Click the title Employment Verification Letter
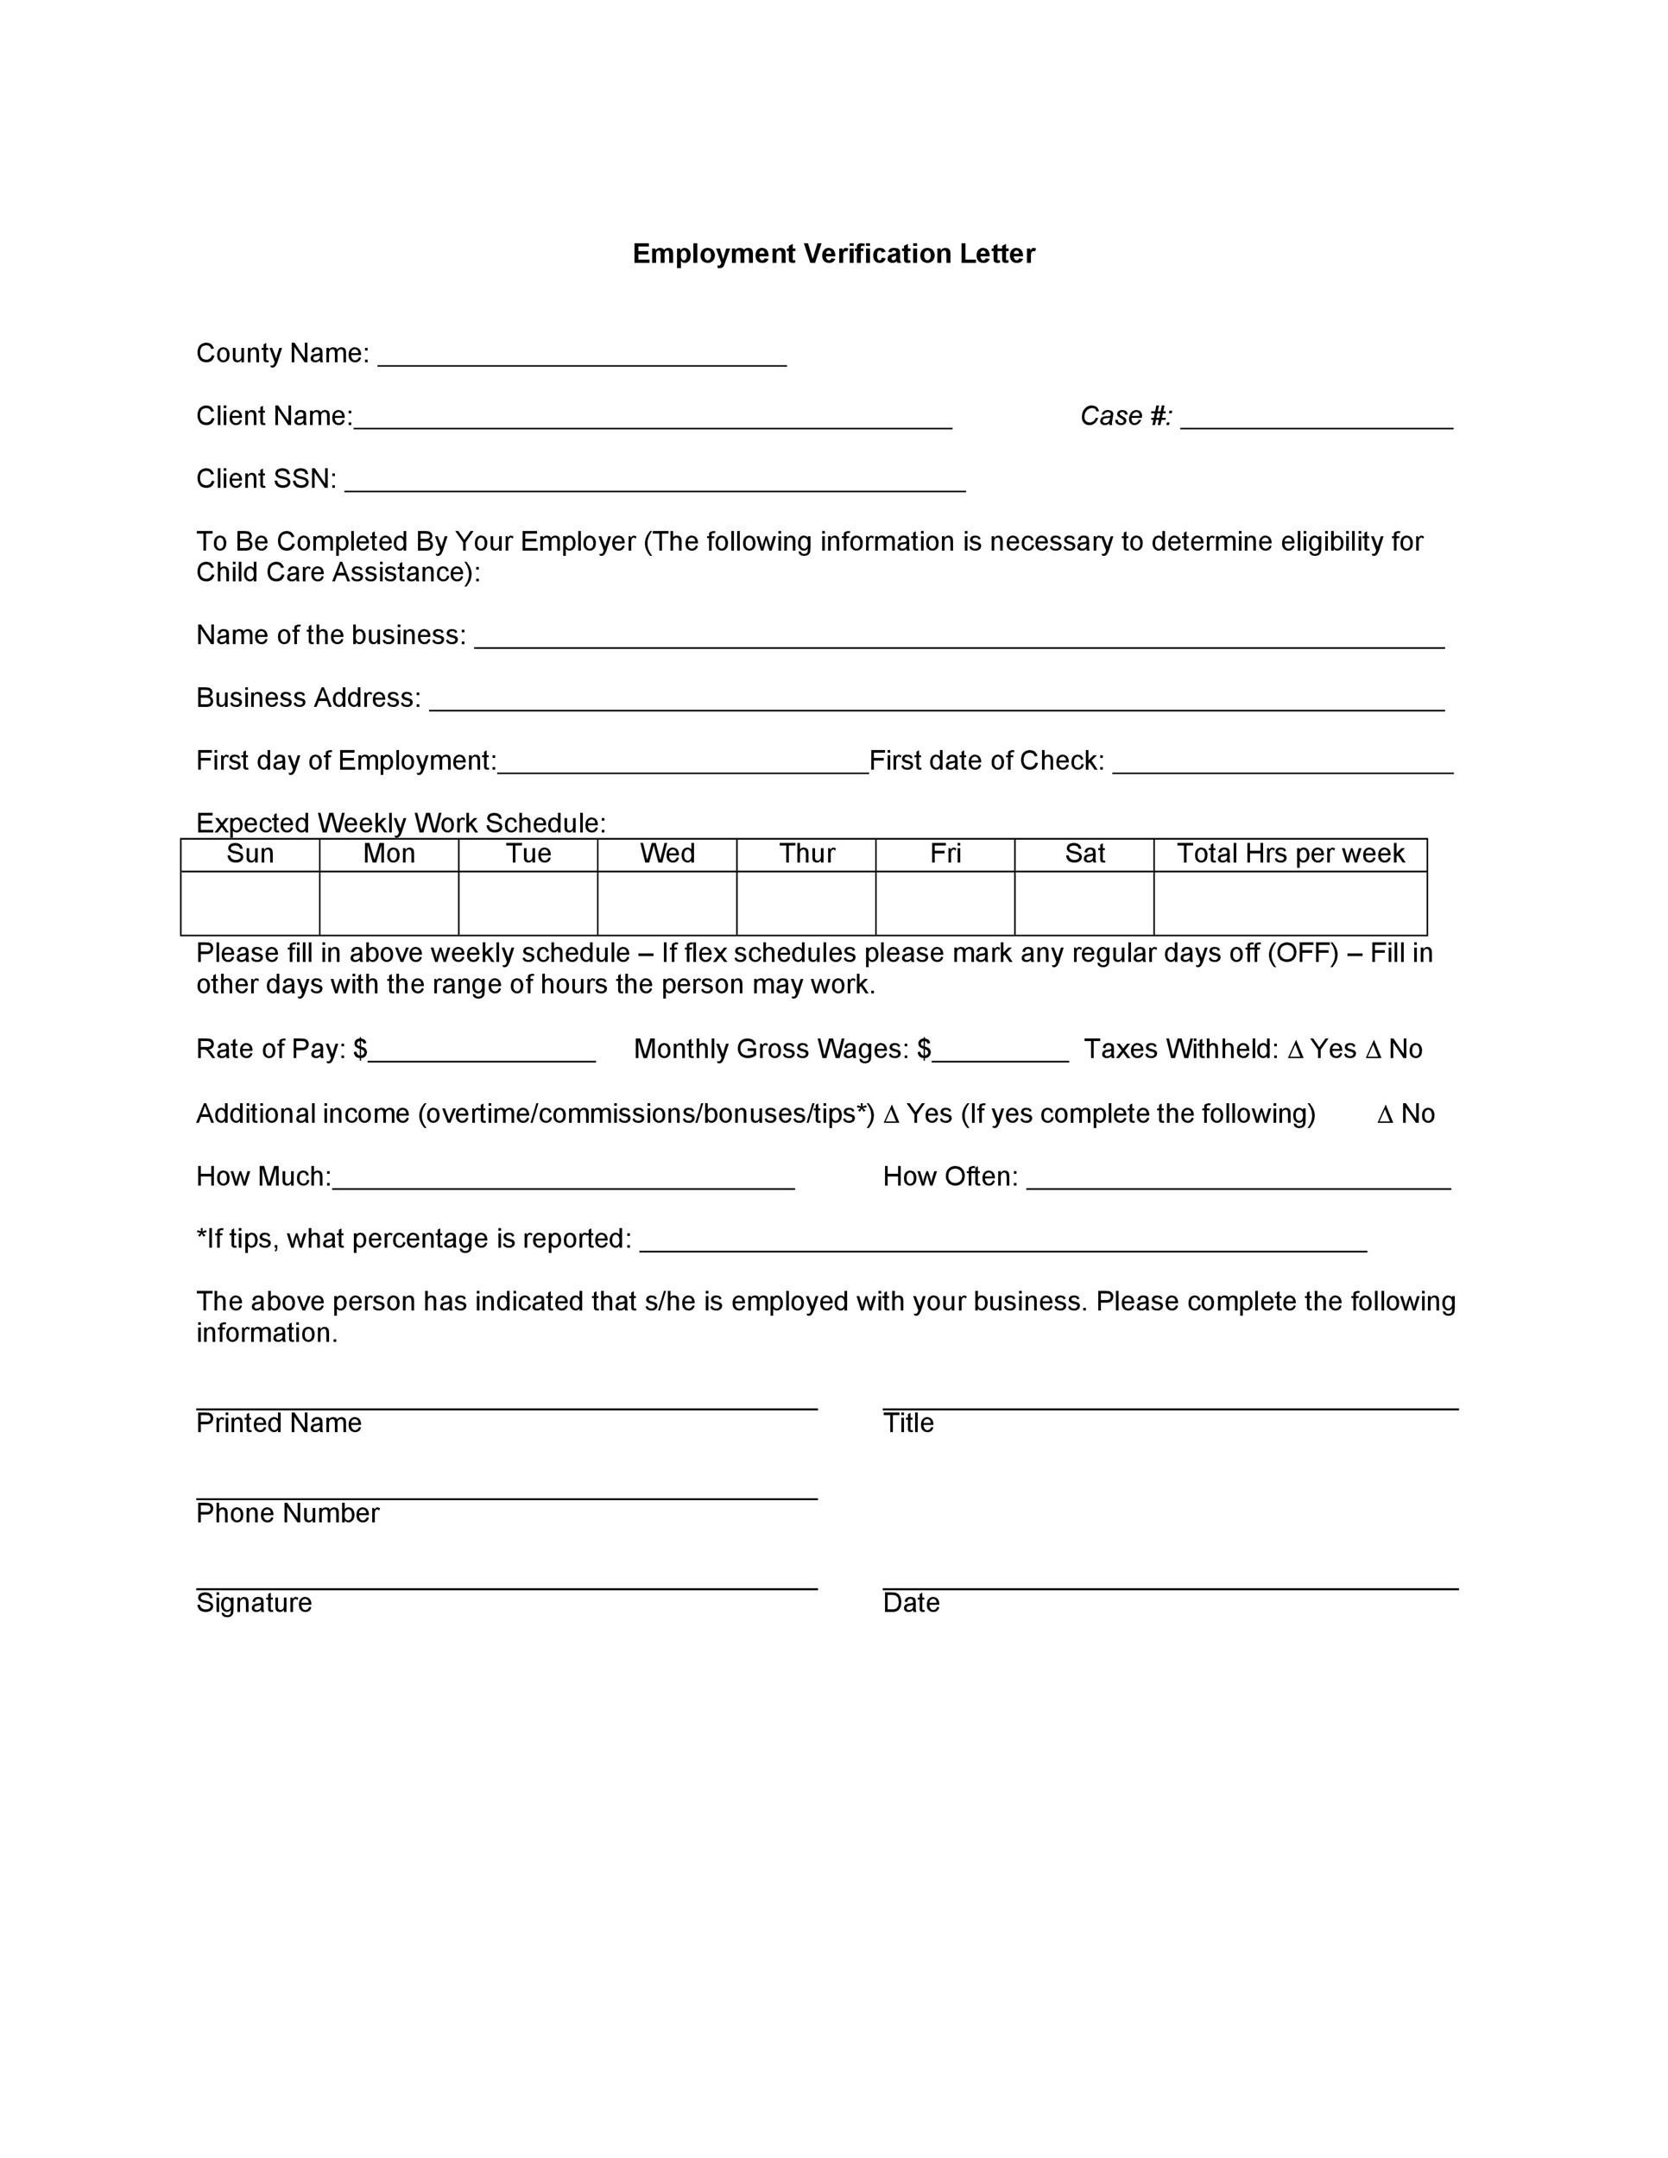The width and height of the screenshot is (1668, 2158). click(833, 254)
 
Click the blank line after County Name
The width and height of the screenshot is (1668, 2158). click(582, 357)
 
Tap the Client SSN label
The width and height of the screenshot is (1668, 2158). click(266, 479)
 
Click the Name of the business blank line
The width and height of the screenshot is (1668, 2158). click(958, 640)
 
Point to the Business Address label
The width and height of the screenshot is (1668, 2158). click(308, 697)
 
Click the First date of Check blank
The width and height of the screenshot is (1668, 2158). click(1281, 765)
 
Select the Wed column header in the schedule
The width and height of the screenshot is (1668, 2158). click(667, 854)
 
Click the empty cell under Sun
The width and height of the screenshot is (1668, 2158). click(250, 903)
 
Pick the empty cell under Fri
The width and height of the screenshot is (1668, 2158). click(945, 903)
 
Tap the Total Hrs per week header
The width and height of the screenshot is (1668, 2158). click(1290, 854)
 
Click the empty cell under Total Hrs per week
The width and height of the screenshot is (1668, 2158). click(1290, 903)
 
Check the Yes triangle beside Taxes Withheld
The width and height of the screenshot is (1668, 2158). click(1296, 1051)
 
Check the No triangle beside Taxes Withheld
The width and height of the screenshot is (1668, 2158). click(1373, 1051)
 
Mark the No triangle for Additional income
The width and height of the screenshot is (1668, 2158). click(1385, 1115)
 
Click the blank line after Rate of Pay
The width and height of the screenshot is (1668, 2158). click(481, 1053)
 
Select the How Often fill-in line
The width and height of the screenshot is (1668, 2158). click(1238, 1181)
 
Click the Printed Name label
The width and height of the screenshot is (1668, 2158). click(279, 1423)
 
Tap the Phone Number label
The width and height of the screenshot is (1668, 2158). click(287, 1514)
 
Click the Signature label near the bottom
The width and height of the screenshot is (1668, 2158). click(254, 1603)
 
